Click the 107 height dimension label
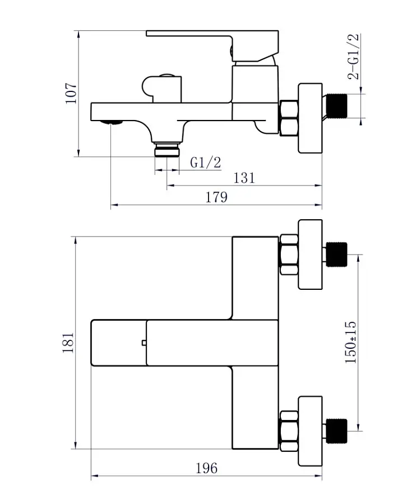[71, 93]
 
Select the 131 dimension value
[244, 178]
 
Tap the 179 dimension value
[216, 197]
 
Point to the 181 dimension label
[68, 343]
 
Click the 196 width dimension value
[206, 468]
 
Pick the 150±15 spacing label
[350, 343]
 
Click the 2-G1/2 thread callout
[353, 56]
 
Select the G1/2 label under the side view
[205, 163]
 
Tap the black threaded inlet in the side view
[337, 106]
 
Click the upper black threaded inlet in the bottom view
[336, 255]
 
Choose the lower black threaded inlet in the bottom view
[336, 431]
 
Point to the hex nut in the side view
[289, 118]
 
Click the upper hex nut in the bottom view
[289, 255]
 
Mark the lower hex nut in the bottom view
[289, 431]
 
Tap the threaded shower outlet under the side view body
[167, 150]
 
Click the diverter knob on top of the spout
[161, 89]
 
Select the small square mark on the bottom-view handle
[144, 343]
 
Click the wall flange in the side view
[311, 118]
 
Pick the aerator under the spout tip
[111, 123]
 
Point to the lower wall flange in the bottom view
[311, 431]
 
